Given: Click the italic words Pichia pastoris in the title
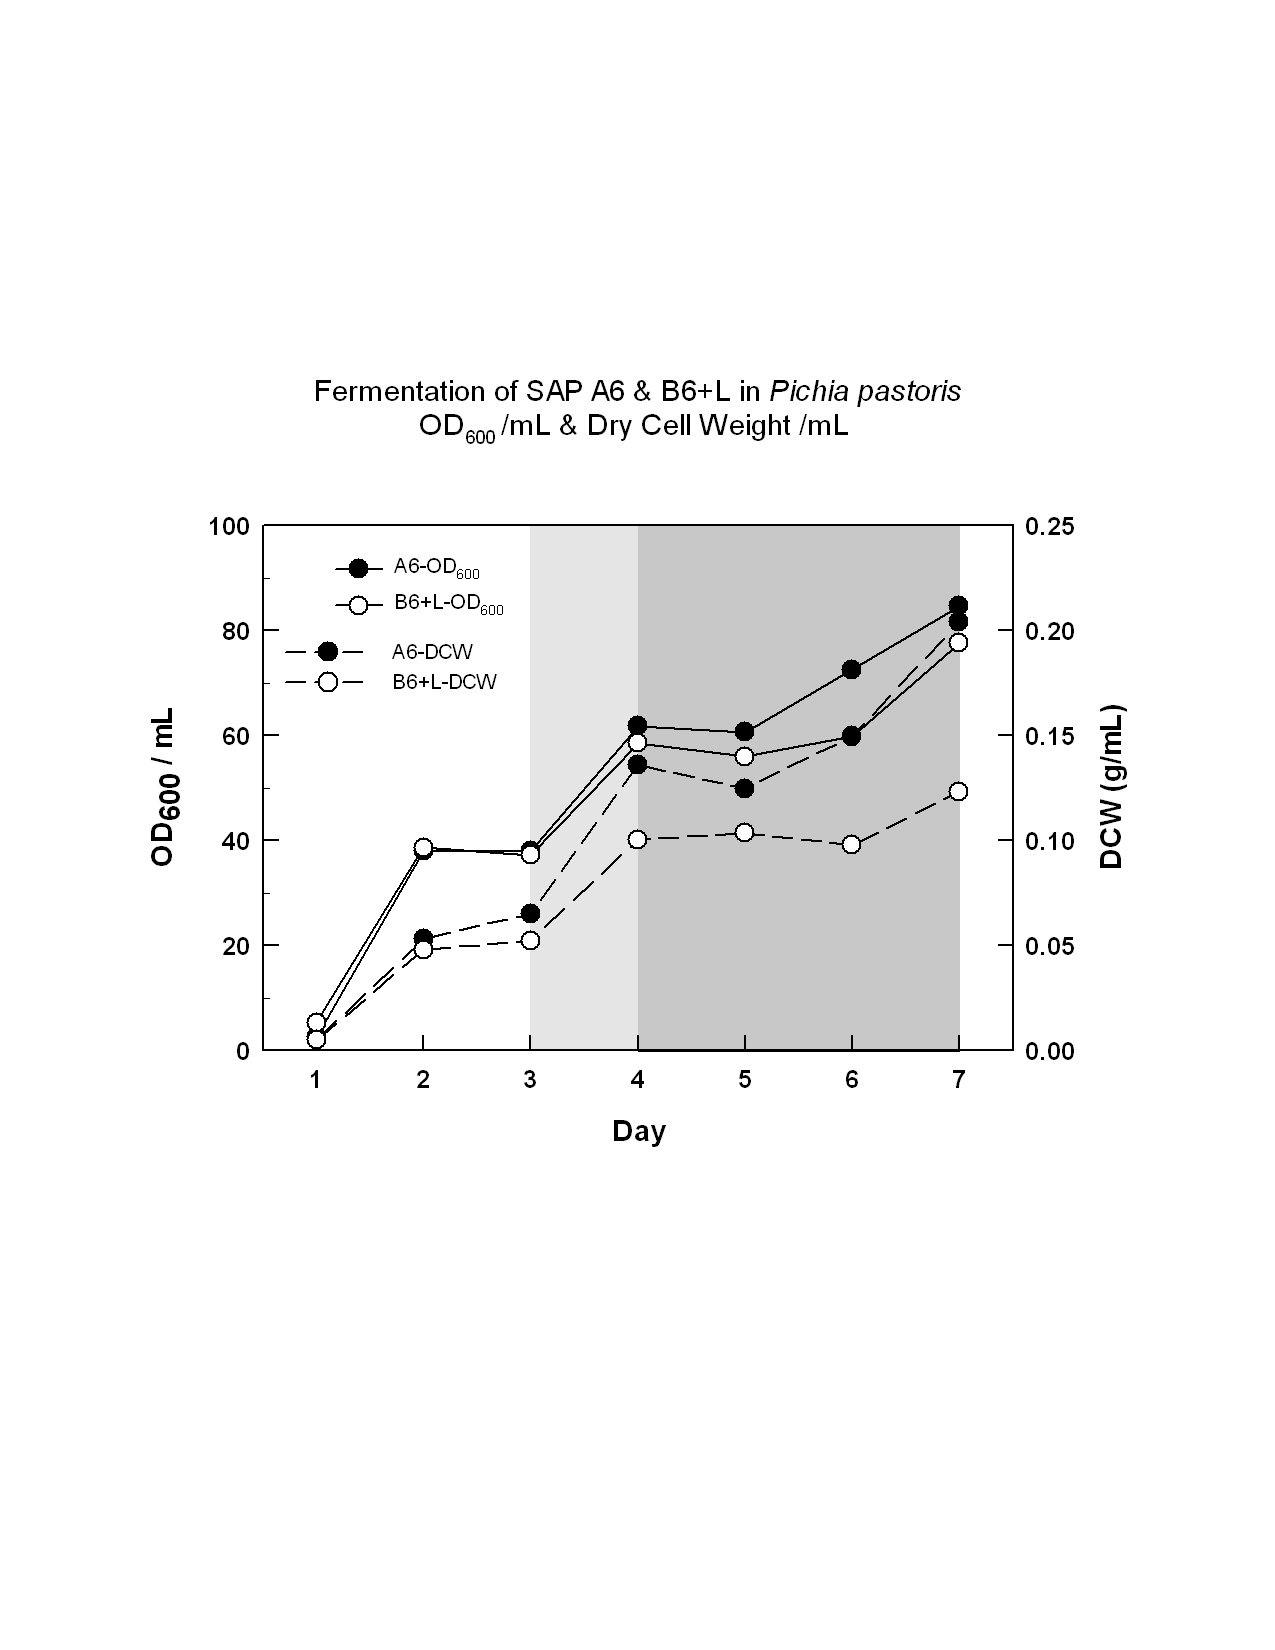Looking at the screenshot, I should (865, 391).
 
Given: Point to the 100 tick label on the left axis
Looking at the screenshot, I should (228, 526).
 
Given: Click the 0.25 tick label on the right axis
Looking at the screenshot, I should (1050, 526).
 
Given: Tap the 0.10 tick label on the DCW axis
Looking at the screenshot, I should (1050, 841).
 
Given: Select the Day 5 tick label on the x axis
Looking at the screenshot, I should (744, 1080).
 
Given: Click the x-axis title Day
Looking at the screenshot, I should (639, 1131).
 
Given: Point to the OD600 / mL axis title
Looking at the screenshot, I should (164, 787).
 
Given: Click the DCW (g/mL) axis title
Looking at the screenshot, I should (1112, 787).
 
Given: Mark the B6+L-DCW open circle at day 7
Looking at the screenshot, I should (958, 792).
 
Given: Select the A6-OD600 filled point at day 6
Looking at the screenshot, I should (851, 669).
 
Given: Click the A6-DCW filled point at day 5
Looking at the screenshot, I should (744, 788).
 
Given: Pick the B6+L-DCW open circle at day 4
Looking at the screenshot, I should (637, 839).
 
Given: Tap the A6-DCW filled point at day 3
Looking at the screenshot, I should (530, 914).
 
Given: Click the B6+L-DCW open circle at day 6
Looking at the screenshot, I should (851, 844).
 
